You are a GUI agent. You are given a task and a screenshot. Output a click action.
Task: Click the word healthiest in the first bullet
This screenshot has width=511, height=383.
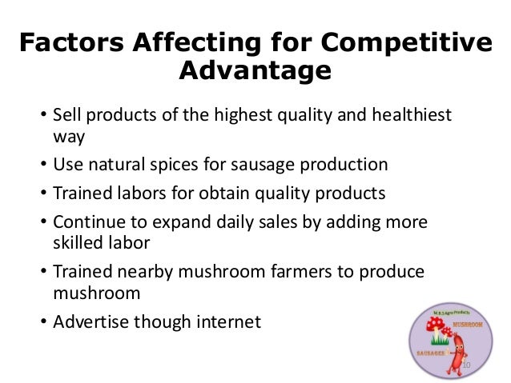point(405,117)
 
